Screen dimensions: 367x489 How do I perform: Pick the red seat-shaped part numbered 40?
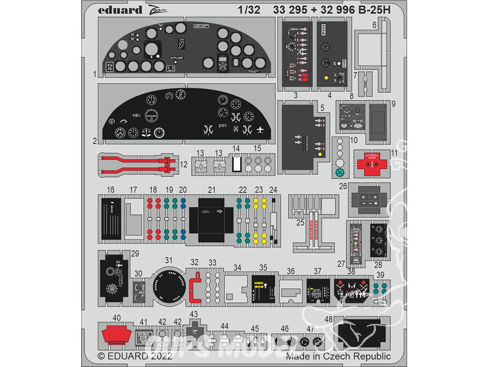[116, 336]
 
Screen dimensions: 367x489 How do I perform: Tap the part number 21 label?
[211, 190]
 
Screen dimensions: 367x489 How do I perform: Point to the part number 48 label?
[329, 320]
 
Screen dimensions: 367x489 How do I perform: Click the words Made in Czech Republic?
[338, 357]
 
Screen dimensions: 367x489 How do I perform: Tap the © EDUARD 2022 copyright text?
[135, 357]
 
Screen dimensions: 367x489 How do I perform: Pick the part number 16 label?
[111, 190]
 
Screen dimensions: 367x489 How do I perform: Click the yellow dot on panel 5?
[319, 155]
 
